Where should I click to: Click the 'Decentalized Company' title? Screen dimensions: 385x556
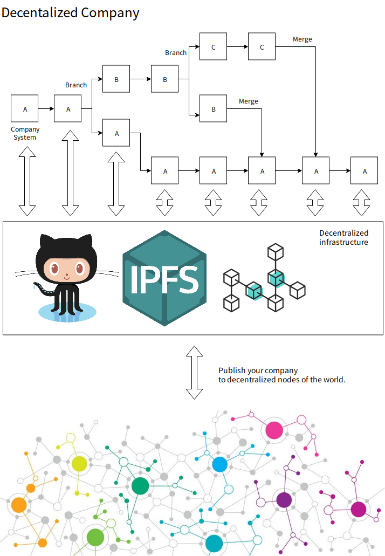coord(70,13)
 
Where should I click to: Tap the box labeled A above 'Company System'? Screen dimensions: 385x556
coord(25,108)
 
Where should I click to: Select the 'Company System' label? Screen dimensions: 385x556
coord(25,133)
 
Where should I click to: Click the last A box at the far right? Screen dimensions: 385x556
coord(365,170)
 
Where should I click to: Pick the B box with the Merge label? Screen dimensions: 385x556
coord(214,108)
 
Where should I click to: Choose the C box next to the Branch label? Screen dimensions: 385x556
coord(214,46)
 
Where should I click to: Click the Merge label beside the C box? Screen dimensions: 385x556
coord(302,39)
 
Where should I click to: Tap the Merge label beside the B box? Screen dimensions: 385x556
coord(249,101)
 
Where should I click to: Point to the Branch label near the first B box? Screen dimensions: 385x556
coord(76,85)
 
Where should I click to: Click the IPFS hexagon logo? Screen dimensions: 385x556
coord(164,278)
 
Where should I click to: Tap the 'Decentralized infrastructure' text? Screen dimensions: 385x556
coord(343,237)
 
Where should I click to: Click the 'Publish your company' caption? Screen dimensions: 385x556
coord(258,370)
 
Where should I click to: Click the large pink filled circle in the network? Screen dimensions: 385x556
coord(274,430)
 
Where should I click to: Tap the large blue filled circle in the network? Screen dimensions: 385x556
coord(219,464)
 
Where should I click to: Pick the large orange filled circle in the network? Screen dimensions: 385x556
coord(19,505)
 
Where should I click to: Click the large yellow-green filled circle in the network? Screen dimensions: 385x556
coord(79,463)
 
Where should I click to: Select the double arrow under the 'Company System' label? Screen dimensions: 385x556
coord(27,182)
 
